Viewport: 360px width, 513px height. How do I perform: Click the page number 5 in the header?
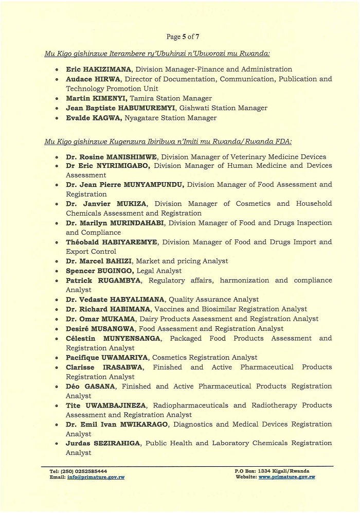[x=184, y=37]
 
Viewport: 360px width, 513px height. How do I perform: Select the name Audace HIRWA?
[x=93, y=79]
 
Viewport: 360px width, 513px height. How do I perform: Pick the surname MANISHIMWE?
[x=130, y=157]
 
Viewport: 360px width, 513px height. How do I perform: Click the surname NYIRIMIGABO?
[x=123, y=166]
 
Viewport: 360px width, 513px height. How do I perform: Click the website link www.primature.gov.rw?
[x=286, y=477]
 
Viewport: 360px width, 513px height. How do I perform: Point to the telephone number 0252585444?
[x=92, y=471]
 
